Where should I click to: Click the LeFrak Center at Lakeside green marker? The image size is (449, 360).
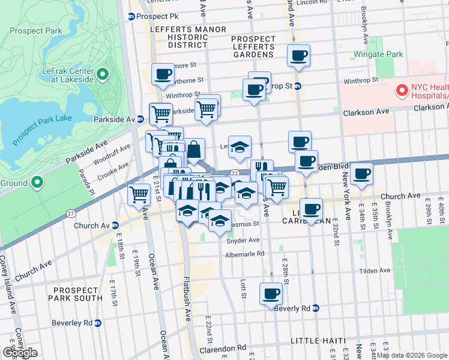(x=102, y=75)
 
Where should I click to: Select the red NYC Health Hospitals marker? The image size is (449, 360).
(x=402, y=91)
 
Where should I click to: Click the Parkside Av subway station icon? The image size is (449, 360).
(x=140, y=119)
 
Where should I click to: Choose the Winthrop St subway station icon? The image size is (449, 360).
(x=297, y=86)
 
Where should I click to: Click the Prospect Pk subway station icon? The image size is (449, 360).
(x=131, y=17)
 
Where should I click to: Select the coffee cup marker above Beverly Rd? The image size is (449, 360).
(x=271, y=293)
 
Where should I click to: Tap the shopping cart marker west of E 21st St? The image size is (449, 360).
(x=139, y=194)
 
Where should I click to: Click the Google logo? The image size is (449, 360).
(x=20, y=352)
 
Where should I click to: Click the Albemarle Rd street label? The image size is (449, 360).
(x=245, y=253)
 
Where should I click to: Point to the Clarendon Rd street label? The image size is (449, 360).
(x=224, y=347)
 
